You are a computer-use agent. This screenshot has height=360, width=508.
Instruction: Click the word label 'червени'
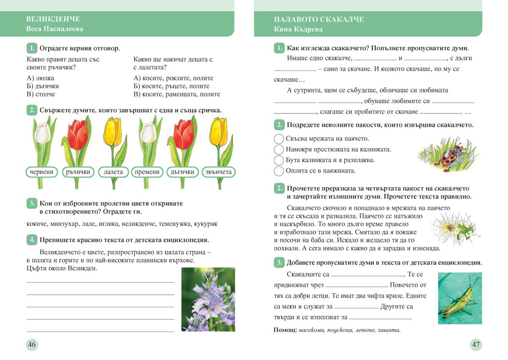pos(42,172)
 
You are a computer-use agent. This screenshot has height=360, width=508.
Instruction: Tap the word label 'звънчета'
pos(218,172)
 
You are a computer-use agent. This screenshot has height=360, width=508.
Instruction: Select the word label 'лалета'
pos(113,172)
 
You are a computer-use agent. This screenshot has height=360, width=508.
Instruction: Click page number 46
pos(32,344)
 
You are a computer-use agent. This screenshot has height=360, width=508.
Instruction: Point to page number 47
pos(476,344)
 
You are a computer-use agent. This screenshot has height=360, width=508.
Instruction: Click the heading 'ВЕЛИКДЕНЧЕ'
pos(53,19)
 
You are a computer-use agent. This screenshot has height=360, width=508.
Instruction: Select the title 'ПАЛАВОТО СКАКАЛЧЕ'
pos(319,19)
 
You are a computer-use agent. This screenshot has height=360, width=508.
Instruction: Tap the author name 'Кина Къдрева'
pos(298,29)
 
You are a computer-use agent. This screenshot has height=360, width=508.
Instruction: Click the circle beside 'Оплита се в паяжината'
pos(279,171)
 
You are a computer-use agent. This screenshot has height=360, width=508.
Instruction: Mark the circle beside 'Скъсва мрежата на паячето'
pos(279,139)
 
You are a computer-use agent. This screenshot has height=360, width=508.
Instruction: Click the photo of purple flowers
pos(208,299)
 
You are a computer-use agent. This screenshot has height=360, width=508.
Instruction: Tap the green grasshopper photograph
pos(460,298)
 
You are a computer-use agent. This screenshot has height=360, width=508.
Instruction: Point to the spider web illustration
pos(449,228)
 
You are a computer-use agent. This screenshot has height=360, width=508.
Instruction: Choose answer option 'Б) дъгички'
pos(43,86)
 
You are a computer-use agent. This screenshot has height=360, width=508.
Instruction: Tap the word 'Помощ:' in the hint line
pos(284,330)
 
